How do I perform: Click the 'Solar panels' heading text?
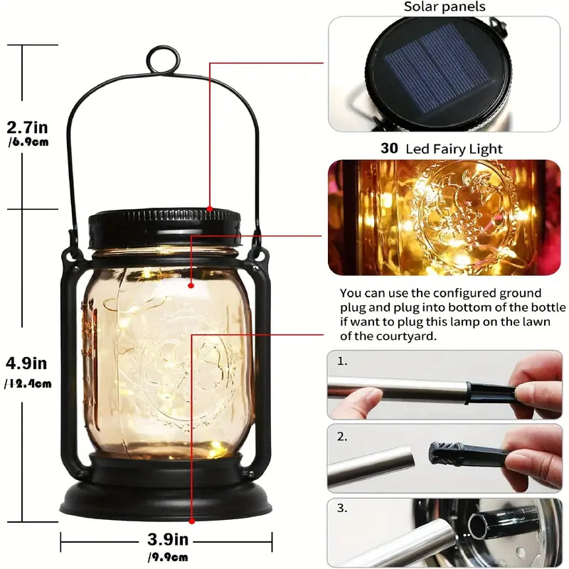coord(445,7)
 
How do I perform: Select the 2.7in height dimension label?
coord(27,128)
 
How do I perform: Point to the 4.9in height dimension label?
coord(27,363)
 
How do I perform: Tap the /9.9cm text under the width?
coord(167,556)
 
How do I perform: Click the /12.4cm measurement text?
coord(28,384)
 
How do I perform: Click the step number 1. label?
coord(343,361)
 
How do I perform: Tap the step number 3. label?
coord(343,508)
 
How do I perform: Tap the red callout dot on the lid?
coord(210,208)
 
